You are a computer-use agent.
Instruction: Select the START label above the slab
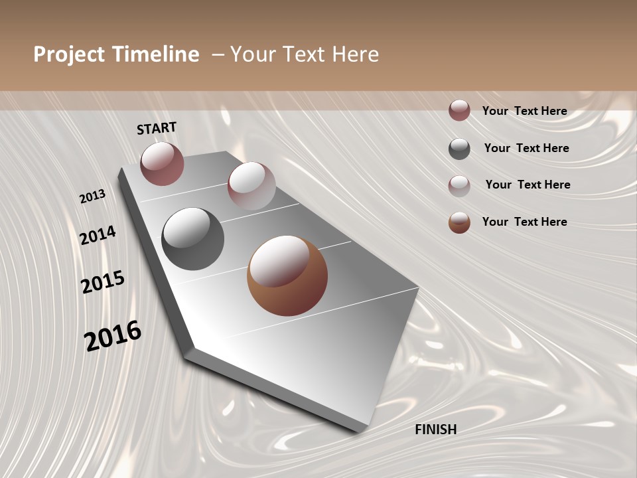(157, 128)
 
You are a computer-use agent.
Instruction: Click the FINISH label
(435, 430)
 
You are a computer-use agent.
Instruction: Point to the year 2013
(92, 197)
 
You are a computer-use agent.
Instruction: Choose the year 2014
(98, 235)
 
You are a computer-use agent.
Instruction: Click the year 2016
(113, 335)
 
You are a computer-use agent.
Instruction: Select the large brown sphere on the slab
(287, 276)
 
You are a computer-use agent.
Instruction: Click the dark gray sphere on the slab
(193, 239)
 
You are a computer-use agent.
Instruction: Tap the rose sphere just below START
(162, 163)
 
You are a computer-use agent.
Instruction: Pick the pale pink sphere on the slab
(251, 186)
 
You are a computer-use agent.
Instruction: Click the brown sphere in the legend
(459, 222)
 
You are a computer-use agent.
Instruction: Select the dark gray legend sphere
(459, 149)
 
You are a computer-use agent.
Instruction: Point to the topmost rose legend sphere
(459, 110)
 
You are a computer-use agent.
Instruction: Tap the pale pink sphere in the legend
(459, 186)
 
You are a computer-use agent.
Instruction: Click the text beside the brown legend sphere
(524, 222)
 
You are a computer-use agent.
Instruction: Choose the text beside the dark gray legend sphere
(526, 148)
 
